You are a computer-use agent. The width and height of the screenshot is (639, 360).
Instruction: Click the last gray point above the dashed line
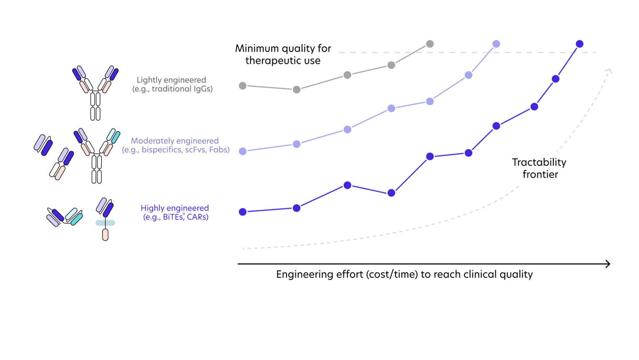click(430, 44)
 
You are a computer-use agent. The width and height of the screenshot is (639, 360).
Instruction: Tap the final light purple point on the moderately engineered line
click(496, 44)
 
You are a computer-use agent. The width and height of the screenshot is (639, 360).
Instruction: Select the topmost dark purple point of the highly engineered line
click(579, 44)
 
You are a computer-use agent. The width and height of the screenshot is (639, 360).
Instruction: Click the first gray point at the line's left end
click(243, 86)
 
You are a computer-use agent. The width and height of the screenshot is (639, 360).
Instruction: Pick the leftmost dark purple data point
click(243, 212)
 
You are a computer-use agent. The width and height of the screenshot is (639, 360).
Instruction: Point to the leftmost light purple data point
click(243, 151)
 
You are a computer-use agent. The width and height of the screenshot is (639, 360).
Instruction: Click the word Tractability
click(539, 162)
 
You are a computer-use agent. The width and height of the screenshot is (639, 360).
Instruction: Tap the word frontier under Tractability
click(540, 174)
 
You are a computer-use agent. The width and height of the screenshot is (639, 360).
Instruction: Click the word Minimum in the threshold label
click(257, 48)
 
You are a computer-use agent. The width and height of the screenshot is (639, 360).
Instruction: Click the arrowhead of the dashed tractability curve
click(609, 71)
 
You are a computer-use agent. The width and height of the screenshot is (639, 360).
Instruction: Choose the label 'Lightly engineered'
click(171, 80)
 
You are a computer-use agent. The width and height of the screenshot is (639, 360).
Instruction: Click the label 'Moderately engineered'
click(175, 141)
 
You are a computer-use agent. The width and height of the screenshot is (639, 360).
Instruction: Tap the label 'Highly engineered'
click(175, 208)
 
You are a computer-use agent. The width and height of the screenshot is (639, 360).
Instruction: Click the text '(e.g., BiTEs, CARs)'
click(176, 217)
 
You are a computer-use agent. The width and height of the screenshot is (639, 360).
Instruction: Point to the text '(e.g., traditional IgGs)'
click(172, 89)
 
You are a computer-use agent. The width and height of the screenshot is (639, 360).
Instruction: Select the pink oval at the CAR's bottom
click(105, 235)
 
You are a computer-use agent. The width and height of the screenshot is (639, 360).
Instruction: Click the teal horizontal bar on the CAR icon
click(105, 223)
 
